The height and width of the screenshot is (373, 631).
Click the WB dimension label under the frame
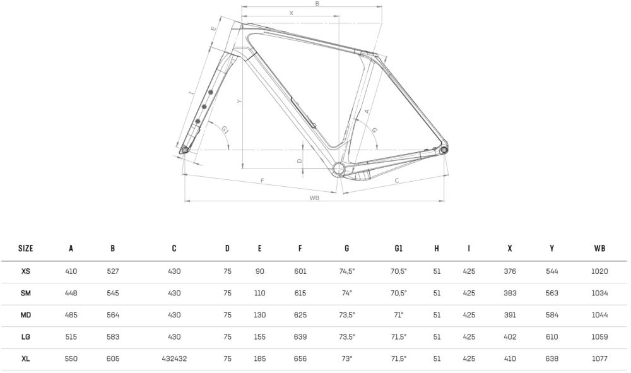[x=314, y=198]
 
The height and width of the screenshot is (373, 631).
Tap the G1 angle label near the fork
[x=225, y=129]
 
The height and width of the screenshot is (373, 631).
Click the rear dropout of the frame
[x=444, y=150]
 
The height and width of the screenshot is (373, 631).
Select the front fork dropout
[x=185, y=150]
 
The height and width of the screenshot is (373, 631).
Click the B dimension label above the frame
[x=317, y=4]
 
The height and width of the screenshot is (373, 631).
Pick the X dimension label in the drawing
[x=292, y=13]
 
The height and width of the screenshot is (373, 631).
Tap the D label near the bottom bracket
[x=299, y=160]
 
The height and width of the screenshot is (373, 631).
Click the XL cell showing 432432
[x=174, y=358]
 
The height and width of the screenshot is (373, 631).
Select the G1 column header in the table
[x=398, y=248]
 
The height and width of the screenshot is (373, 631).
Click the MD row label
[x=26, y=315]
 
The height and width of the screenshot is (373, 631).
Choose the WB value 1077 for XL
[x=599, y=358]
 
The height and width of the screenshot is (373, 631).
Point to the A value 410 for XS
[x=71, y=271]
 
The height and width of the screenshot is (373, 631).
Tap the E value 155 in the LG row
[x=259, y=337]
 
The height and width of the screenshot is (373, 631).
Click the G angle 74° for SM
[x=347, y=293]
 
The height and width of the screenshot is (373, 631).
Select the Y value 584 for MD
[x=551, y=315]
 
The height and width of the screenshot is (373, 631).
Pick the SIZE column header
[x=26, y=248]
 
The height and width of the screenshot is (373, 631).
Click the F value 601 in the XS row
[x=300, y=271]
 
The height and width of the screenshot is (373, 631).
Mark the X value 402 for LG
[x=510, y=337]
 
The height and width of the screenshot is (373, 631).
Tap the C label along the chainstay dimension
[x=397, y=181]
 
